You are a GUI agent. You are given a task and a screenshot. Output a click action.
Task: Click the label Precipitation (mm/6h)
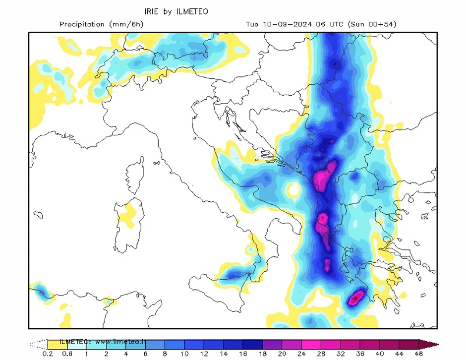click(101, 24)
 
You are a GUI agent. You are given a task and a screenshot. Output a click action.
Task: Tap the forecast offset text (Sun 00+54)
click(372, 24)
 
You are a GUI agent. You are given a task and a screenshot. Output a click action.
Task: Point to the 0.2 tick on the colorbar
click(48, 354)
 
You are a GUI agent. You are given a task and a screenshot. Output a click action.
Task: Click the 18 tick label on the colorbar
click(262, 354)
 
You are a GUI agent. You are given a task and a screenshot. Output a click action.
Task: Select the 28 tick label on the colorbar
click(321, 354)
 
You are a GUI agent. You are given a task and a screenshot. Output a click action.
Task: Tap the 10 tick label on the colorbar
click(184, 354)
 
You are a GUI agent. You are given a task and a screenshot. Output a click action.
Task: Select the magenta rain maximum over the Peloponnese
click(356, 298)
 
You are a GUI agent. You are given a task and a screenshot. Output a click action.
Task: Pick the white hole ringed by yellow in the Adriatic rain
click(293, 189)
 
